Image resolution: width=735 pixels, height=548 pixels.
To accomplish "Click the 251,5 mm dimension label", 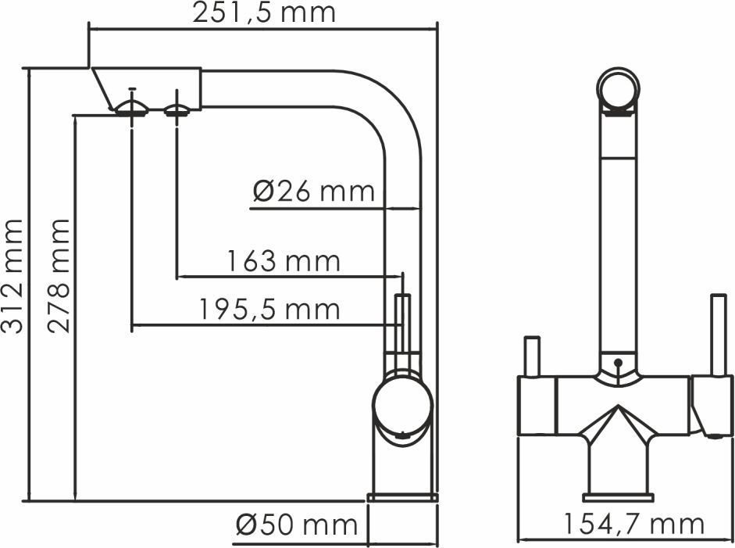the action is (x=264, y=13).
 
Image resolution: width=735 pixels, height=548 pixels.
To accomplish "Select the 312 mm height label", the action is (x=12, y=277).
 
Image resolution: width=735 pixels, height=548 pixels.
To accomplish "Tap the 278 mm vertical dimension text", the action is (x=59, y=276).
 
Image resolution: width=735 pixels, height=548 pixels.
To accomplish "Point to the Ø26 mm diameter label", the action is (x=314, y=191).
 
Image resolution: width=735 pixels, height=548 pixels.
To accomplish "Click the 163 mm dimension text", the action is (x=284, y=261).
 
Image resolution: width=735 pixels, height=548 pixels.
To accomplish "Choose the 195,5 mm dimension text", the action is (x=269, y=310).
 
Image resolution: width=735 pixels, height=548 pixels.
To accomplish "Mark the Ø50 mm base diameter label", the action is (x=297, y=524).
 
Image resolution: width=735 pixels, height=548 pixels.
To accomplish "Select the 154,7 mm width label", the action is (x=633, y=524).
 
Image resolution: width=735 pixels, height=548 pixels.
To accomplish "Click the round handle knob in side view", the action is (x=402, y=404).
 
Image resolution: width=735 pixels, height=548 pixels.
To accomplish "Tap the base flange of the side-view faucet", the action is (x=403, y=497).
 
